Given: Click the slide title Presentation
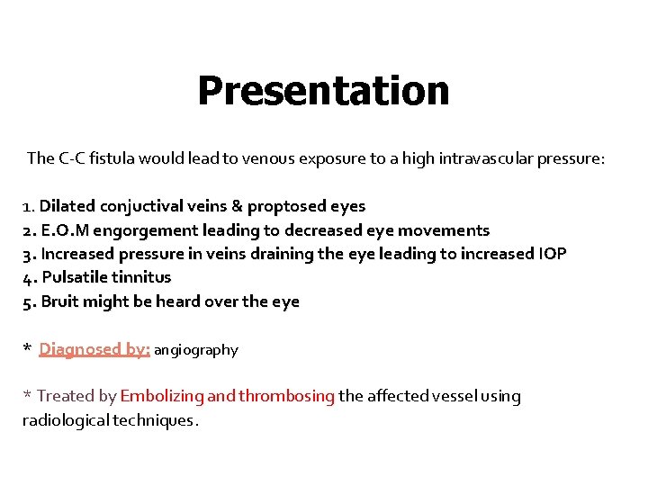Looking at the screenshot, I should pos(323,91).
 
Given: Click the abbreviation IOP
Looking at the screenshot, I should pos(551,254).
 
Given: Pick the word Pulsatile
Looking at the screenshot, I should pos(75,277).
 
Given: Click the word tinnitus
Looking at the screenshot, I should pos(142,277).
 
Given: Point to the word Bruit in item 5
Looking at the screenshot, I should pos(60,301).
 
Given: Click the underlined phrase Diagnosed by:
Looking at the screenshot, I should pos(94,349).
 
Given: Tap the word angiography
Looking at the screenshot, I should pos(196,350).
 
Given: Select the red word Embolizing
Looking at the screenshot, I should pos(161,396).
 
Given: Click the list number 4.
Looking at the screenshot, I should pos(28,277).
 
